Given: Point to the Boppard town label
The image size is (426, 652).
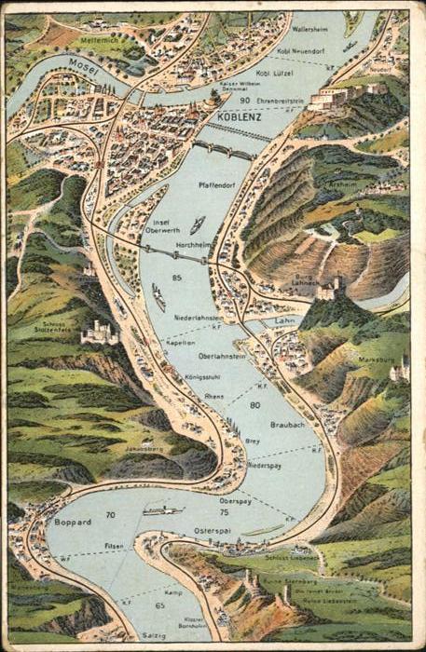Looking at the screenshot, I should pyautogui.click(x=73, y=522).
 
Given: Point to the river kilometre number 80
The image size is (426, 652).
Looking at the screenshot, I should pyautogui.click(x=254, y=404).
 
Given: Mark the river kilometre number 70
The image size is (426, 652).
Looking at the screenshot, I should pyautogui.click(x=110, y=514).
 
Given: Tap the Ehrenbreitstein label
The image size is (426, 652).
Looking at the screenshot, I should pyautogui.click(x=280, y=101).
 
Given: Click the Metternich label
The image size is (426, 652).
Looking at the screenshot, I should pyautogui.click(x=100, y=41).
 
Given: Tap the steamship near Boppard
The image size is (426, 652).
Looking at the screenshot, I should pyautogui.click(x=163, y=511).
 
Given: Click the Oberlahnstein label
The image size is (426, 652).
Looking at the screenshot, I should pyautogui.click(x=223, y=356).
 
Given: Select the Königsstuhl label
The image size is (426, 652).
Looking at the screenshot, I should pyautogui.click(x=201, y=378).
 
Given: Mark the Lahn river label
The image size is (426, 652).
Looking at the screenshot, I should pyautogui.click(x=283, y=320).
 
